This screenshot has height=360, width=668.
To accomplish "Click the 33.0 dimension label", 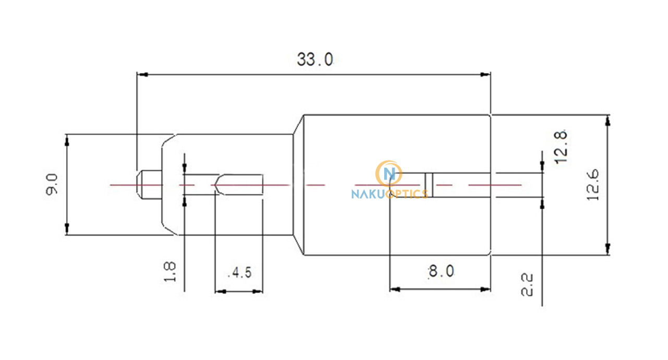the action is pos(315,59).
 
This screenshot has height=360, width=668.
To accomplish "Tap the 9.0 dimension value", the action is pos(52,185).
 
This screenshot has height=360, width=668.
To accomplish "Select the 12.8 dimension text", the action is pos(560,147).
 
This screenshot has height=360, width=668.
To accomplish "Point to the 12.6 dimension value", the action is pos(592,185).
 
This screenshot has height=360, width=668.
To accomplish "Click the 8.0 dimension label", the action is pos(441,271).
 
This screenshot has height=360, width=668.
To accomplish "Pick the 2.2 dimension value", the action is pos(527,284).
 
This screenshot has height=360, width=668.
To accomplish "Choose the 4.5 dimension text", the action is pos(240,272).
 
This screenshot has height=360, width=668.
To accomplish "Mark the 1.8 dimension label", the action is pos(170,271).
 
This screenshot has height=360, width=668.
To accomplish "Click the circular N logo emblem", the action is pos(389,174).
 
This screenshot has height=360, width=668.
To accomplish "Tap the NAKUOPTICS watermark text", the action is pos(390,194).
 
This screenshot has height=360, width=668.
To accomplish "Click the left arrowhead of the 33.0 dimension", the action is pos(142,75).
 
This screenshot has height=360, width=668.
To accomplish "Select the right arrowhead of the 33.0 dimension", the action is pos(485,75).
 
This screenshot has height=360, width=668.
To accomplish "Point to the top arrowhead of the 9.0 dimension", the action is pos(67,140).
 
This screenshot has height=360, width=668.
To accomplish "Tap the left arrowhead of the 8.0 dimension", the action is pos(395,289).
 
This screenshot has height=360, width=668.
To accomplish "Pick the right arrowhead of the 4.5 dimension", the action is pos(257,292).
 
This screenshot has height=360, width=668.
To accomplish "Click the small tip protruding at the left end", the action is pos(149,185).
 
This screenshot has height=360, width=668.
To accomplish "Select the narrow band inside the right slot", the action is pos(429,185).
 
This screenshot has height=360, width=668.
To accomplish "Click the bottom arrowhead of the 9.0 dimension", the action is pos(67,229).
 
